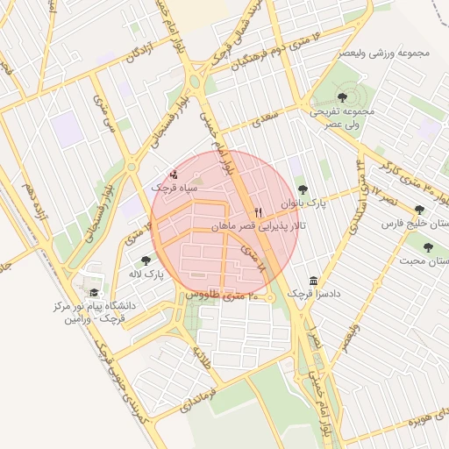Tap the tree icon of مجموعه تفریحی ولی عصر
342,97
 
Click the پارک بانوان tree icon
303,189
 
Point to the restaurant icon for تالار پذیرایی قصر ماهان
258,213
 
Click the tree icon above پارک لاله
146,260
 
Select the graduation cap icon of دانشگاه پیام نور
94,293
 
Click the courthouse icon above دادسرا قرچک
314,280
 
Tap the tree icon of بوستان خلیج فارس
419,210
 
